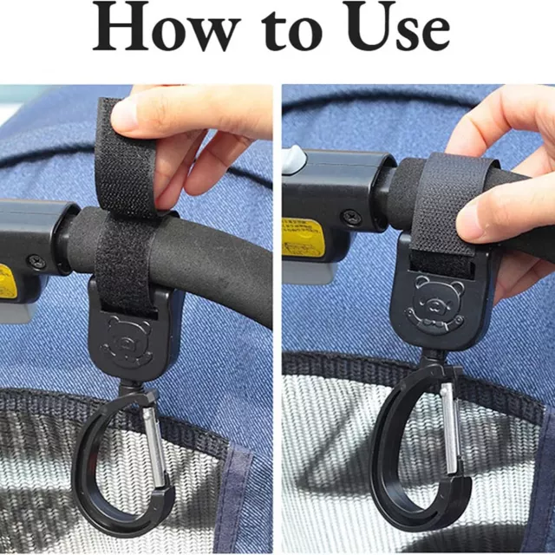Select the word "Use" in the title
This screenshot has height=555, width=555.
point(398,27)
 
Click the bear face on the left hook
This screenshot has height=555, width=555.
point(127,342)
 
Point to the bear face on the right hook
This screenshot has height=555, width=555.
point(434,304)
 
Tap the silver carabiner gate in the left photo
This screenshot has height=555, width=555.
point(154,447)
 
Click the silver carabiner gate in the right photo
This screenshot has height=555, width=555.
point(450,428)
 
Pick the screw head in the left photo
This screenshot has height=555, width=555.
point(36,263)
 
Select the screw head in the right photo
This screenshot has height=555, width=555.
point(351,216)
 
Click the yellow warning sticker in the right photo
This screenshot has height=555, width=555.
point(303,237)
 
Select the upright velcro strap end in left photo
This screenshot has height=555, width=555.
point(127,156)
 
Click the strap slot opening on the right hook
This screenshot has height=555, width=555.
point(441,263)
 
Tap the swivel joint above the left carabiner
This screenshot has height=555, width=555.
point(135,388)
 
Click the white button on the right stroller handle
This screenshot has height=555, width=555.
point(293,160)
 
